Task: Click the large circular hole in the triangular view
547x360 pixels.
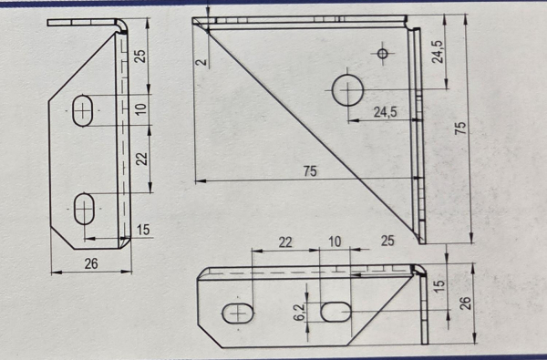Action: point(347,90)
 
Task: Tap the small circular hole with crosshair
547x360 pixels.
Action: point(383,54)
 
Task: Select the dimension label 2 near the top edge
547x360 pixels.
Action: point(201,63)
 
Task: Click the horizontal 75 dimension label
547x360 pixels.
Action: point(310,171)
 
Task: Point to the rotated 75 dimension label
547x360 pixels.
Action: point(460,128)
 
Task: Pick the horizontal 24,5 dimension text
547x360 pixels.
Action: point(385,112)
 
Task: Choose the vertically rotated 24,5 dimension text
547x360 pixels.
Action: point(438,52)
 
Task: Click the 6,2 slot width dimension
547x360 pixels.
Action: point(299,312)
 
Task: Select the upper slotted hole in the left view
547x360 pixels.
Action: point(83,110)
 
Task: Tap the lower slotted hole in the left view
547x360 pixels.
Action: point(84,209)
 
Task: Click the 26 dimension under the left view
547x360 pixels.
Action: point(91,263)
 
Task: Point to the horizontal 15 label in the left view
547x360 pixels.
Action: point(143,230)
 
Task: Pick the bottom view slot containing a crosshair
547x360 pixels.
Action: point(238,314)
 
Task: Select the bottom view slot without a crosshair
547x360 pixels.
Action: point(335,312)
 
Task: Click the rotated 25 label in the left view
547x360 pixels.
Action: point(140,56)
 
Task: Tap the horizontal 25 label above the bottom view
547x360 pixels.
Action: point(387,241)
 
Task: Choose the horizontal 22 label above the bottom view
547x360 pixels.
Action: point(285,242)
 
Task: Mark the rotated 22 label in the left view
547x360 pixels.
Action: point(141,159)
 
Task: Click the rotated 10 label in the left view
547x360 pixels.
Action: point(141,109)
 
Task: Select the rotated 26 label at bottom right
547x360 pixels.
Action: point(465,303)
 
